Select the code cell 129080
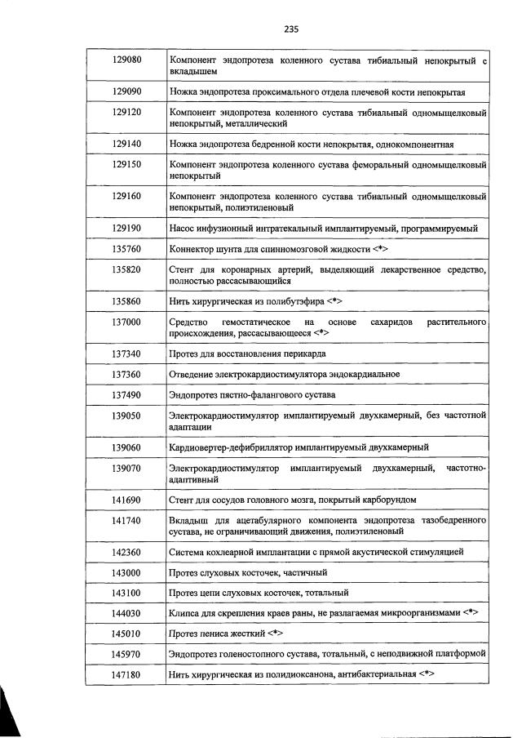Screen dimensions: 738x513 pyautogui.click(x=126, y=60)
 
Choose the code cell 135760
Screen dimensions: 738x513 pyautogui.click(x=126, y=248)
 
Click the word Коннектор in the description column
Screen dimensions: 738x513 pyautogui.click(x=193, y=249)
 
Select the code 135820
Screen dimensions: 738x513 pyautogui.click(x=126, y=269)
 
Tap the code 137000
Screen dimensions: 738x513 pyautogui.click(x=126, y=322)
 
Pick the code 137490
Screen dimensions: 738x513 pyautogui.click(x=126, y=395)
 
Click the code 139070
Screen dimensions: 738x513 pyautogui.click(x=126, y=468)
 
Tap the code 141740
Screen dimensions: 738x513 pyautogui.click(x=126, y=520)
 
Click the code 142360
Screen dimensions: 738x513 pyautogui.click(x=126, y=552)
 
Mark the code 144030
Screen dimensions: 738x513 pyautogui.click(x=126, y=611)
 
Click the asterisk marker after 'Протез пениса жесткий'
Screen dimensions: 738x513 pyautogui.click(x=277, y=633)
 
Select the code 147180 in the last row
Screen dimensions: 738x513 pyautogui.click(x=126, y=674)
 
